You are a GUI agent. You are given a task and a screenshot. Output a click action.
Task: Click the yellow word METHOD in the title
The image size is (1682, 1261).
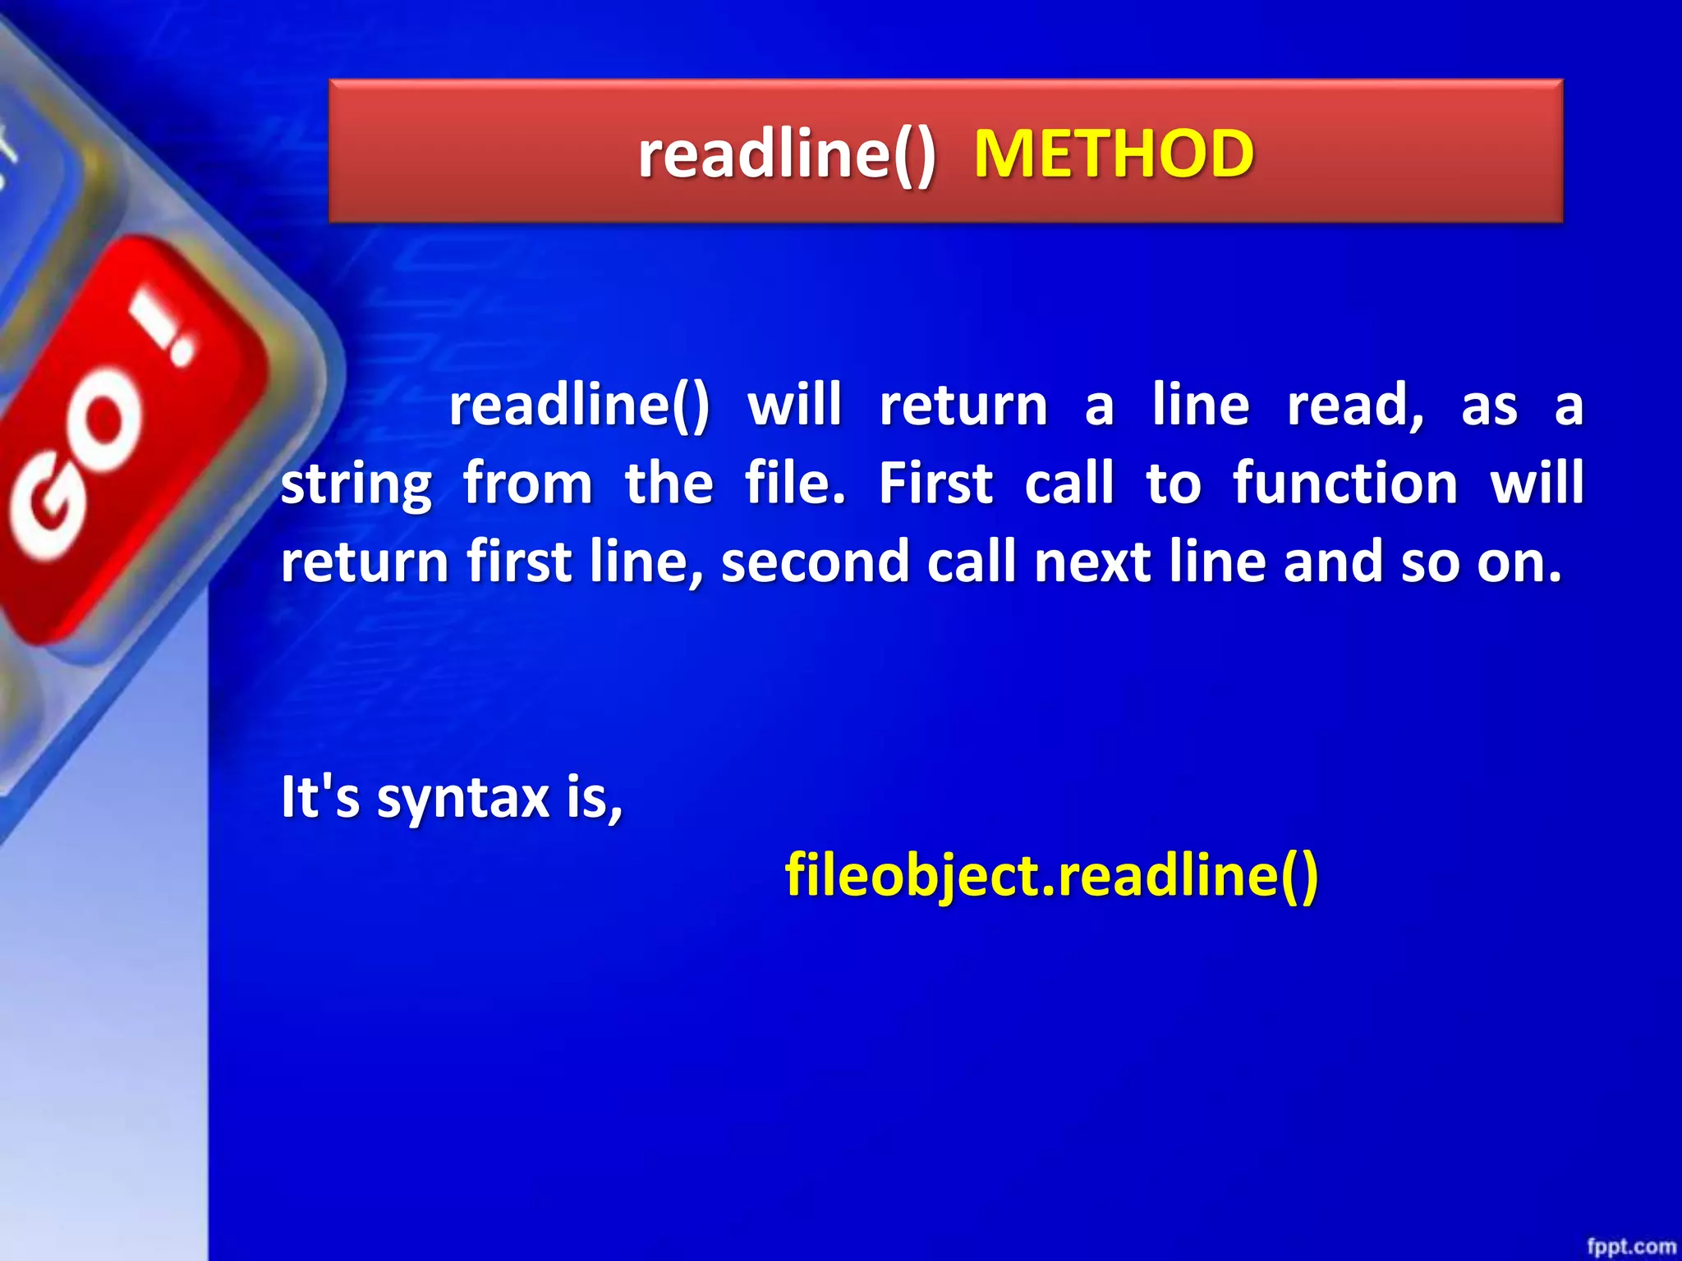tap(1113, 154)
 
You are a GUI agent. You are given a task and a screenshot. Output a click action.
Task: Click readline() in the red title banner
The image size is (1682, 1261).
tap(787, 154)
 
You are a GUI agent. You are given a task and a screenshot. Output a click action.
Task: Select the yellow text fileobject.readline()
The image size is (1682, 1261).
tap(1051, 875)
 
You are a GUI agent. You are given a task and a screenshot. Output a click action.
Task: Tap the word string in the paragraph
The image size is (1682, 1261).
tap(356, 484)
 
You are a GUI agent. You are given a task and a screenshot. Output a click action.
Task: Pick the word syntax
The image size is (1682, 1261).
tap(462, 797)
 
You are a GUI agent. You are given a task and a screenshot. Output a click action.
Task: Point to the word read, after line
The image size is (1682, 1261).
tap(1355, 406)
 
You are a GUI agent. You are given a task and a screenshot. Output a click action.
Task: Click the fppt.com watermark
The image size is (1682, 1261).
tap(1630, 1246)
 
